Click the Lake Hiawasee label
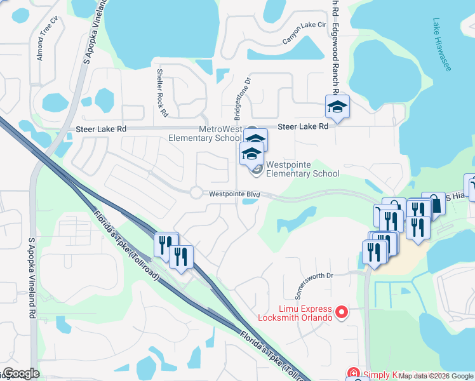(x=441, y=44)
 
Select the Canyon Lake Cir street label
(x=304, y=34)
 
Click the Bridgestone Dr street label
(x=242, y=98)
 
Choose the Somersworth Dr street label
(x=311, y=275)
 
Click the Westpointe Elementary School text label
(x=302, y=169)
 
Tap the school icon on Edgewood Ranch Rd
(x=337, y=107)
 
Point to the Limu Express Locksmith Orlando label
(x=295, y=312)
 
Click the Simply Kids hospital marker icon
(x=353, y=373)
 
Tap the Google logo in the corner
(x=20, y=374)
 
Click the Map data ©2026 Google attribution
(x=436, y=376)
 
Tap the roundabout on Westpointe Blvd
(x=196, y=192)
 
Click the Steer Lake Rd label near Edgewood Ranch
(x=305, y=126)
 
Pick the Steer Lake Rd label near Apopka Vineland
(x=101, y=129)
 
